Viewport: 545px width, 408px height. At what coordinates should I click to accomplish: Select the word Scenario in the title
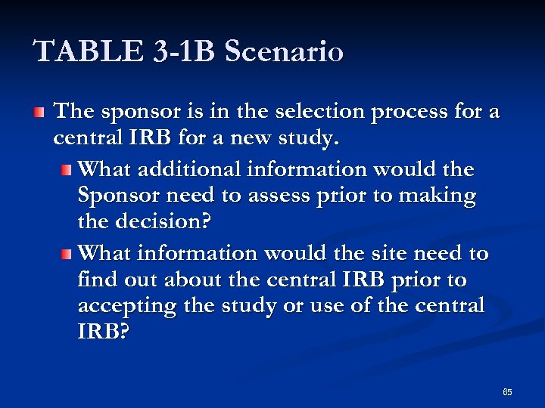(x=284, y=51)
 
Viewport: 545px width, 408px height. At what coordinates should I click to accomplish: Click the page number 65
(x=507, y=392)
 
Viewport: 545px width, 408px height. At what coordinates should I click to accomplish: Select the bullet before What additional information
(x=67, y=168)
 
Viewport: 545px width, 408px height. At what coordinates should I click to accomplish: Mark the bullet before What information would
(x=67, y=253)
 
